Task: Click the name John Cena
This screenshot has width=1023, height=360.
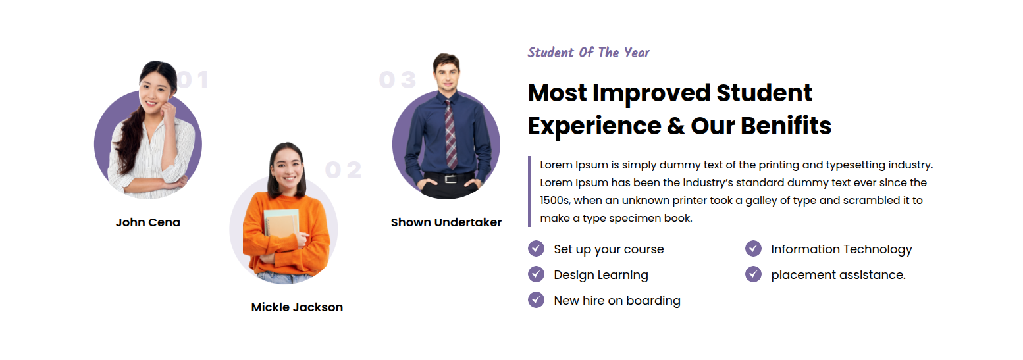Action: (148, 222)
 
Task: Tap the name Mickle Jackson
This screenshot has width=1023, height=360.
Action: (297, 307)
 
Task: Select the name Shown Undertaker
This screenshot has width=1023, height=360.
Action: (446, 222)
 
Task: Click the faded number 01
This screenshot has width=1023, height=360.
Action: (193, 80)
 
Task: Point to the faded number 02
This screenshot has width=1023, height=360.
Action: (344, 170)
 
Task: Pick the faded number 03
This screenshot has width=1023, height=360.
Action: (398, 80)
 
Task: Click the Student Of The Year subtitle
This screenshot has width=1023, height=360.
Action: (589, 53)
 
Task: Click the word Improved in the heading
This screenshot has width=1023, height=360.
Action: (651, 94)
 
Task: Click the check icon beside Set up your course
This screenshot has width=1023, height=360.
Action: (536, 249)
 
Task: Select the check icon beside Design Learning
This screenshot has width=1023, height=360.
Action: (536, 274)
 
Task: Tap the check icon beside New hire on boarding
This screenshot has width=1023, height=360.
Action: (536, 300)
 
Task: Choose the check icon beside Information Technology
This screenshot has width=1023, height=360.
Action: (754, 249)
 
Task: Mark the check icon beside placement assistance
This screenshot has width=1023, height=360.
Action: (754, 274)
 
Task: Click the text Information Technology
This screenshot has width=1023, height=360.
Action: (842, 249)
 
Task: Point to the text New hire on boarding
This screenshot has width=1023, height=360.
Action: (617, 301)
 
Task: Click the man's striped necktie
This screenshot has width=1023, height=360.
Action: (450, 135)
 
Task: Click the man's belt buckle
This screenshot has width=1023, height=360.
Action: (451, 178)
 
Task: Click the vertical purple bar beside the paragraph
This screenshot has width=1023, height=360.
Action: (529, 192)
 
